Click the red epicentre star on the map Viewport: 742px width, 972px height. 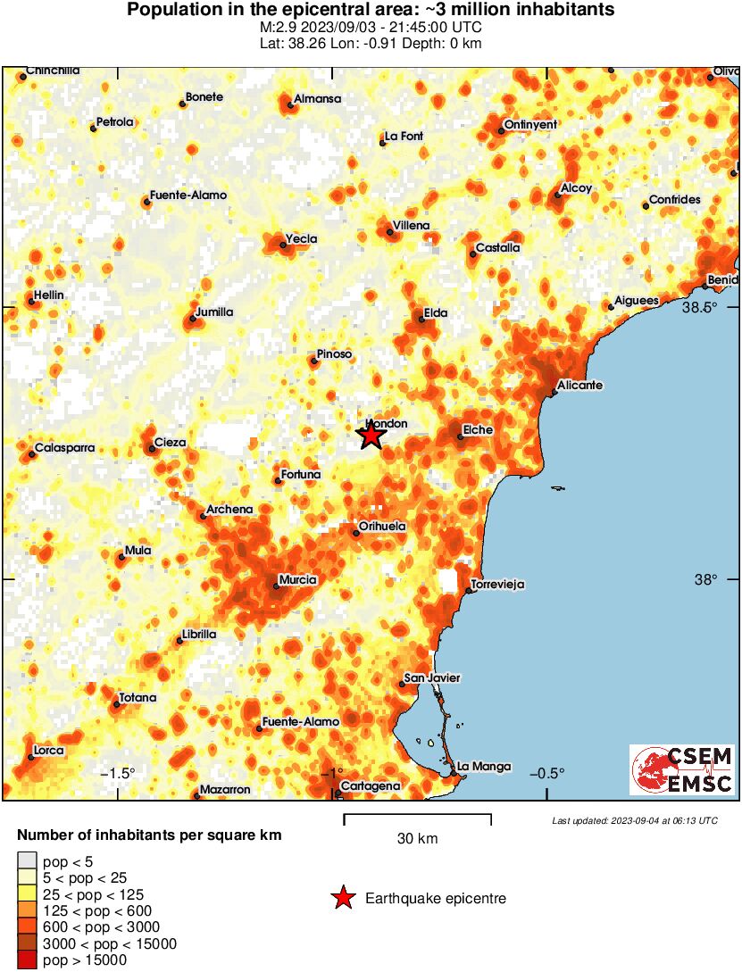coord(371,436)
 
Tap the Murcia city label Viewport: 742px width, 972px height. coord(298,580)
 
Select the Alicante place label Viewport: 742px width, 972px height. coord(579,386)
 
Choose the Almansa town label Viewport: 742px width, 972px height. coord(318,99)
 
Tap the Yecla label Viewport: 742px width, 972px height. coord(301,240)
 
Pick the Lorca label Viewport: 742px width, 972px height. coord(48,751)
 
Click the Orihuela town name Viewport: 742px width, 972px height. coord(382,527)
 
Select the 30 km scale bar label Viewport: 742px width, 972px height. coord(417,839)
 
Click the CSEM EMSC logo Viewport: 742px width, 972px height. coord(682,770)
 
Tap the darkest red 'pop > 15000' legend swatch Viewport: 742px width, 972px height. coord(28,960)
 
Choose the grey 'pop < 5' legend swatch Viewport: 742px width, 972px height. coord(28,860)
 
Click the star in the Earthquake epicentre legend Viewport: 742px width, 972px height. coord(343,899)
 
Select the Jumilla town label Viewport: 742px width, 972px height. coord(214,312)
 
